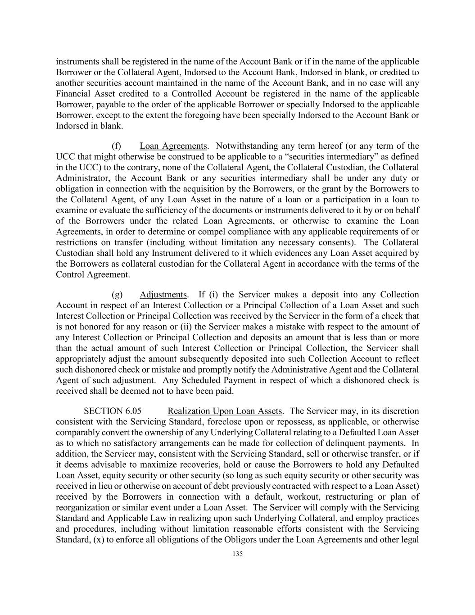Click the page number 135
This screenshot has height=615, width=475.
coord(238,554)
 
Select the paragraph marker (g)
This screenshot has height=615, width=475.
coord(117,295)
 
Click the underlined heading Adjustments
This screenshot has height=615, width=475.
coord(163,295)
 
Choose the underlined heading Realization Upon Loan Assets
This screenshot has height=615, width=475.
coord(225,411)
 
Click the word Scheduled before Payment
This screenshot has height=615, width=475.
coord(198,380)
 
